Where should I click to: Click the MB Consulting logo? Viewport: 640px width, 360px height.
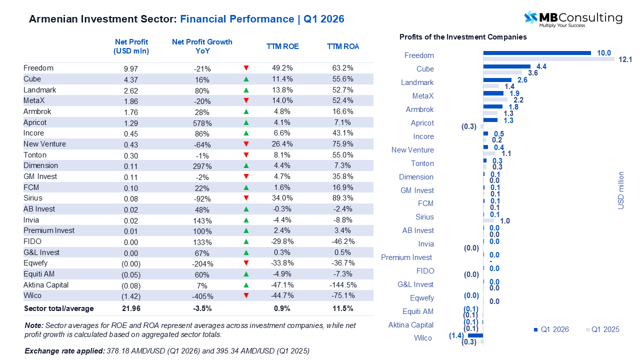[573, 19]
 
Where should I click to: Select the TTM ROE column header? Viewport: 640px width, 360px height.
[282, 46]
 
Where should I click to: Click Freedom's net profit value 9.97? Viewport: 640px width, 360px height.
[131, 68]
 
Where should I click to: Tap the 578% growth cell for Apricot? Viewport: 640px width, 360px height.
[202, 123]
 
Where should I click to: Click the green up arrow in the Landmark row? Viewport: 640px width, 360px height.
[246, 90]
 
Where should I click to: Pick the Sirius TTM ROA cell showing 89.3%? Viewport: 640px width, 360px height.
[343, 198]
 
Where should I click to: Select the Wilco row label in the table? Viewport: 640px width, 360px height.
[32, 295]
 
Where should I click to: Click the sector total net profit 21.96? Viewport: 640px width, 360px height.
[131, 309]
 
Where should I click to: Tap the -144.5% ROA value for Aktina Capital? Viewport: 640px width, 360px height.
[343, 285]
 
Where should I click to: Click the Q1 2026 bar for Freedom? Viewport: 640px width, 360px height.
[536, 52]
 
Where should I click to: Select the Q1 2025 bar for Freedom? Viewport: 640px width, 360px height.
[548, 59]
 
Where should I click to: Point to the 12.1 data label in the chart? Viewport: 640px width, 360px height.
[625, 59]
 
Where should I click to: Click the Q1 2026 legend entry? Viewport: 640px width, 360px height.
[551, 329]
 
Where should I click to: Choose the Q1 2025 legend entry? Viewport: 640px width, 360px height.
[602, 329]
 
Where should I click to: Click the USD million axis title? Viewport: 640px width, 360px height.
[621, 190]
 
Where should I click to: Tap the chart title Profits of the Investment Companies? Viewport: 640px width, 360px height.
[463, 37]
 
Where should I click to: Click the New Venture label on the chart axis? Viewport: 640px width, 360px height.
[412, 150]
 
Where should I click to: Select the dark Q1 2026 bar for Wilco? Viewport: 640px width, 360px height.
[475, 335]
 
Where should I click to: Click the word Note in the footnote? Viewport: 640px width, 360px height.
[34, 325]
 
